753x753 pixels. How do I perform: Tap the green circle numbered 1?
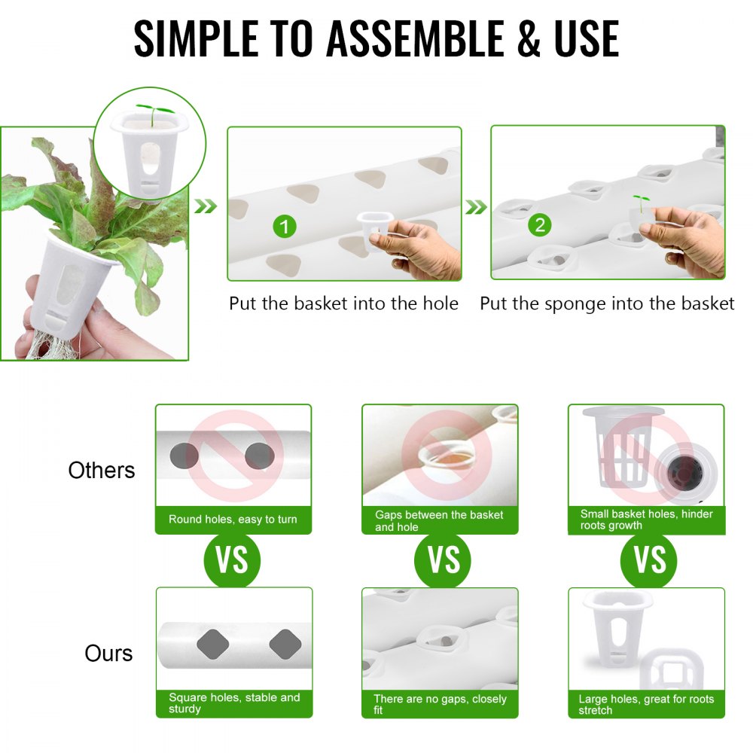pos(284,226)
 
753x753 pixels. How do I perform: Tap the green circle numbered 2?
pos(540,224)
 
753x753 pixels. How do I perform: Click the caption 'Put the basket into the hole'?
pos(343,303)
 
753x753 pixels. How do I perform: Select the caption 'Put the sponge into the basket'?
pos(607,303)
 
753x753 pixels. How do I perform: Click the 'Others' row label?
pos(102,471)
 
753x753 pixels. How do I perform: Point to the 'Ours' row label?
pos(108,653)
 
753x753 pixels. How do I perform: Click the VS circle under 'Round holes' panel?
pos(232,560)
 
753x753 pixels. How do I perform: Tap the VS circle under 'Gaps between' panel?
pos(443,560)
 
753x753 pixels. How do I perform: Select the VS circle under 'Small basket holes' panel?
pos(649,560)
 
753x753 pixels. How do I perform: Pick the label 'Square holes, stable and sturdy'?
pos(234,703)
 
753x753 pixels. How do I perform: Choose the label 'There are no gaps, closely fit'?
pos(441,703)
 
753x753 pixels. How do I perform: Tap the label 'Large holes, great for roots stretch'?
pos(646,703)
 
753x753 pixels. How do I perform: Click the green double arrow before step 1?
pos(206,206)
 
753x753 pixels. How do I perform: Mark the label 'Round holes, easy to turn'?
pos(233,520)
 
